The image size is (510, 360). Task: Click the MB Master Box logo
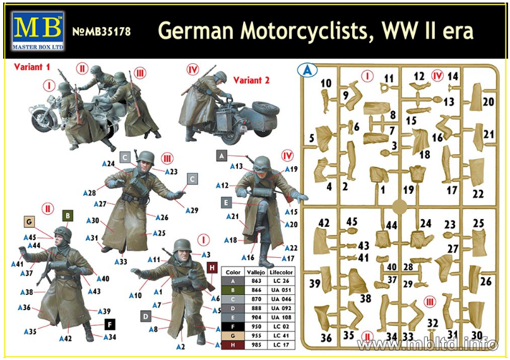(x=38, y=31)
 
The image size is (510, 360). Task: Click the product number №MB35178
(x=101, y=31)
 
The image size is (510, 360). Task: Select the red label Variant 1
(x=32, y=67)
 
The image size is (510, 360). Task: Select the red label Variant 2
(x=251, y=80)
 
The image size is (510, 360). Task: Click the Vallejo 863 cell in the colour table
(x=256, y=281)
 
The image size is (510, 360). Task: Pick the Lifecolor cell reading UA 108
(x=281, y=317)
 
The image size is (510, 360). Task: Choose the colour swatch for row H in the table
(x=233, y=345)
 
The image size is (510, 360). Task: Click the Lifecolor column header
(x=281, y=272)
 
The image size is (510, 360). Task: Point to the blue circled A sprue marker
(x=307, y=70)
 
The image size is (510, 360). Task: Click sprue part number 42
(x=324, y=223)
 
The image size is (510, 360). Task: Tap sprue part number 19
(x=408, y=189)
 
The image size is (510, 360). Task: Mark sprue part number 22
(x=478, y=194)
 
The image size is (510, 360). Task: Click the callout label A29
(x=193, y=210)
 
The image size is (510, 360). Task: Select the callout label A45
(x=30, y=237)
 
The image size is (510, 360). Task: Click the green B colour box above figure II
(x=68, y=215)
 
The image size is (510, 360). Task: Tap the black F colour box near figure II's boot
(x=110, y=324)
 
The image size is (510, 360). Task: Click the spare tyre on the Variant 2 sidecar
(x=265, y=109)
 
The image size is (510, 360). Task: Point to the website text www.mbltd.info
(x=427, y=344)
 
